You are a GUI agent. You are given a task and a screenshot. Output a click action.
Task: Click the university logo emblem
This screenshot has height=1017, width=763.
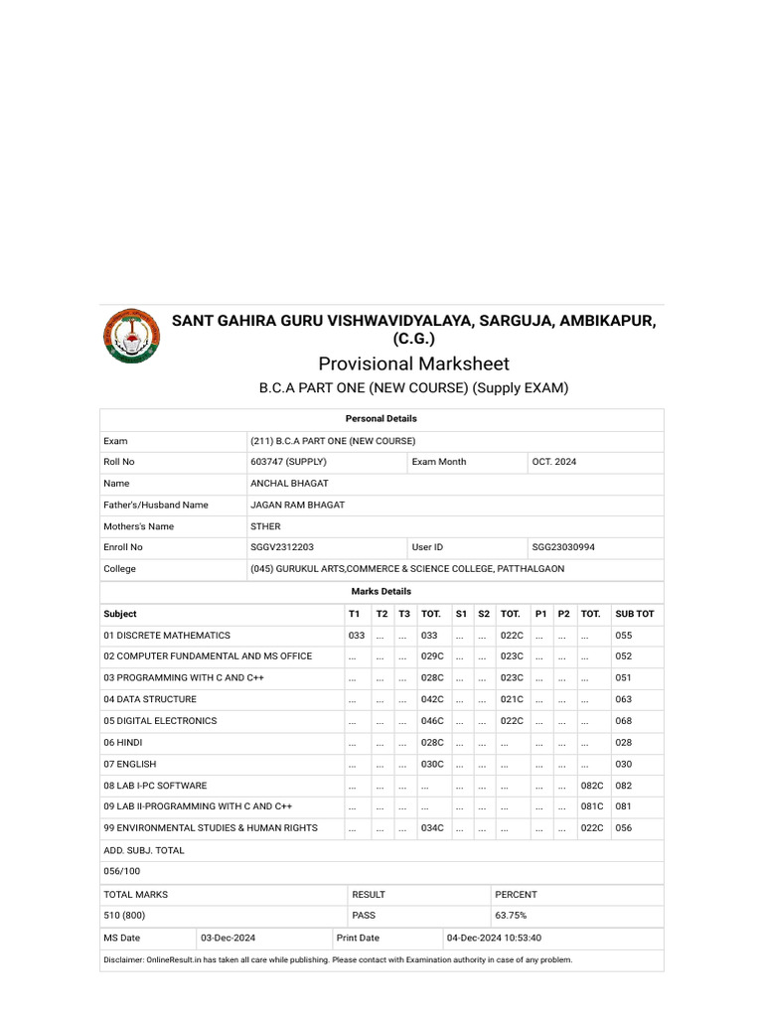pos(130,336)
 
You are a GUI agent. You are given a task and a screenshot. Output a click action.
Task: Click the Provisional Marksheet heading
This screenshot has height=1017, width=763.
pos(413,363)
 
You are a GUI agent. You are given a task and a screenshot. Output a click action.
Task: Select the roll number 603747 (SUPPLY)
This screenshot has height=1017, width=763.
pos(288,462)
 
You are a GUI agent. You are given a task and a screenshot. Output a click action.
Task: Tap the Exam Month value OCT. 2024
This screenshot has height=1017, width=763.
pos(553,462)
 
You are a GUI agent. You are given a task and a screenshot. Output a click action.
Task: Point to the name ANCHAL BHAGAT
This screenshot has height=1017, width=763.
pos(289,484)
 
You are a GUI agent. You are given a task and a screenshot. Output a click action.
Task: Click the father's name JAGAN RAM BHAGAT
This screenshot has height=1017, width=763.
pos(297,505)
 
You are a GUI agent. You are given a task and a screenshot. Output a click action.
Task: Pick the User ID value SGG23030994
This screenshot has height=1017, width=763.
pos(563,547)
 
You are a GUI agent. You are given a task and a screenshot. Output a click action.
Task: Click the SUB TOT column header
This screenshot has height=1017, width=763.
pos(634,614)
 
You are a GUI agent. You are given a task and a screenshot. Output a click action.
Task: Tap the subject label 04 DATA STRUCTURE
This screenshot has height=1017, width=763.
pos(150,699)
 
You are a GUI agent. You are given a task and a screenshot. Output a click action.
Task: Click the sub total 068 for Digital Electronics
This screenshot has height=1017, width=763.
pos(623,721)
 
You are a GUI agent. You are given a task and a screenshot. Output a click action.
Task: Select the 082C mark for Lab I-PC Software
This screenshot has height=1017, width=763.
pos(592,786)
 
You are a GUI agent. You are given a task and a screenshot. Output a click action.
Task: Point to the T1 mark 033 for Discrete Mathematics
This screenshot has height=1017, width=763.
pos(357,635)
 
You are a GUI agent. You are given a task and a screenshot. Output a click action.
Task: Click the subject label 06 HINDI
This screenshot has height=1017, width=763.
pos(123,743)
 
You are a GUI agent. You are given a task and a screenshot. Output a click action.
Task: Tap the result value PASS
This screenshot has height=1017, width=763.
pos(364,915)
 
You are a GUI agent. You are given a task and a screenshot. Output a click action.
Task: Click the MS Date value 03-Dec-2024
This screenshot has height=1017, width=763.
pos(228,938)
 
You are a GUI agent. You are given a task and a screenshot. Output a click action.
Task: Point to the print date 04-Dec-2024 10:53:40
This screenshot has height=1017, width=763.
pos(494,938)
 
